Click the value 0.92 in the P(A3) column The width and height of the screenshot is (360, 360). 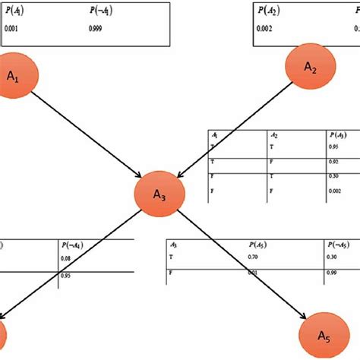pos(332,162)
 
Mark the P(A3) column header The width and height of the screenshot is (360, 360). pos(334,136)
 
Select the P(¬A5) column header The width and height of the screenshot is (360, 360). pos(337,245)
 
